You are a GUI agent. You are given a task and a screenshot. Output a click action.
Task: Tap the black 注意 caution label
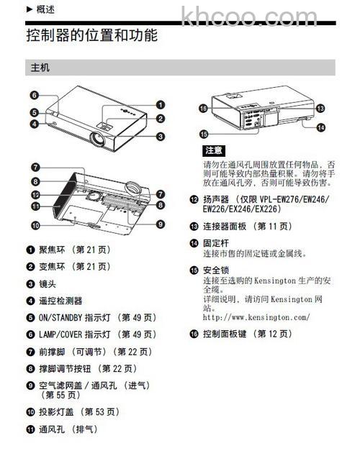coord(215,151)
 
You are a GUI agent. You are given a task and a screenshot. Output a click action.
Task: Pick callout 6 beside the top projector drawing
coord(33,94)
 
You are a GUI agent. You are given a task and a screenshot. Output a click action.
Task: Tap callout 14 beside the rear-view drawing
coord(320,127)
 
